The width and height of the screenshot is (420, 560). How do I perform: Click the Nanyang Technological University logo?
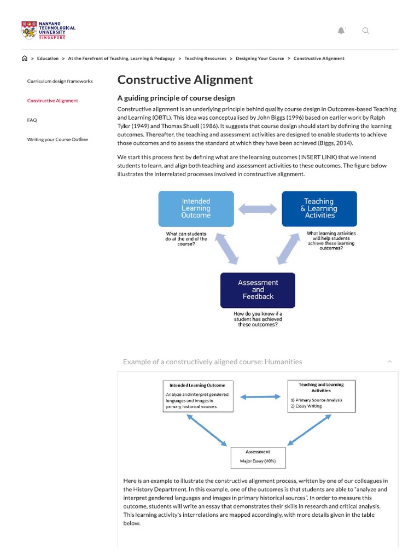[x=48, y=30]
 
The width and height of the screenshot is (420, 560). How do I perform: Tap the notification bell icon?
[x=341, y=31]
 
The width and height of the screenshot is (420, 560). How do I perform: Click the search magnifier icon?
[x=366, y=31]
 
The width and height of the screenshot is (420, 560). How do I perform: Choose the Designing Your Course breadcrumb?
[x=260, y=59]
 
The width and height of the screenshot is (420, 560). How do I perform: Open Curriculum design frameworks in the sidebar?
[x=60, y=81]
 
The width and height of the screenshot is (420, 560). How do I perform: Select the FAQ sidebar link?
[x=32, y=120]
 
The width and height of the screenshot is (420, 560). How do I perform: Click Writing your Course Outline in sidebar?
[x=57, y=139]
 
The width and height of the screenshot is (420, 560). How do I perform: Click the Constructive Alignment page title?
[x=185, y=80]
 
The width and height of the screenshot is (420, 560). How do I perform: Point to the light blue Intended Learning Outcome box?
[x=196, y=208]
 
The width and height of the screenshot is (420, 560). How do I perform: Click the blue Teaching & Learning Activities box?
[x=319, y=208]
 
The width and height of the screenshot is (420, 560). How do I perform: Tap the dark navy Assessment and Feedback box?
[x=258, y=290]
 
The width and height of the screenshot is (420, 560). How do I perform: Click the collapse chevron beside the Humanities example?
[x=389, y=361]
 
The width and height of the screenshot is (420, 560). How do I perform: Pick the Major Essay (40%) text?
[x=258, y=461]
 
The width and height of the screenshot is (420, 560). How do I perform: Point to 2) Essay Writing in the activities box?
[x=306, y=406]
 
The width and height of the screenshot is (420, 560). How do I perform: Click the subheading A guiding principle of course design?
[x=176, y=98]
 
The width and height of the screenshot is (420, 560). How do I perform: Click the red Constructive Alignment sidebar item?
[x=52, y=101]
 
